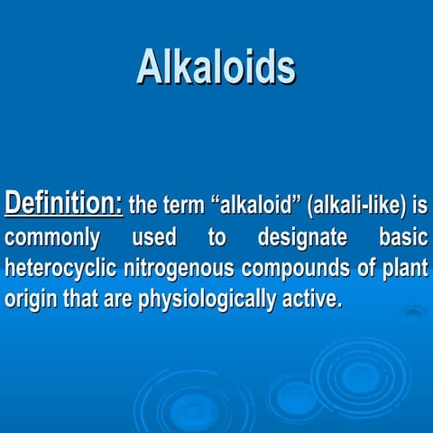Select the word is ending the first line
[419, 205]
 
